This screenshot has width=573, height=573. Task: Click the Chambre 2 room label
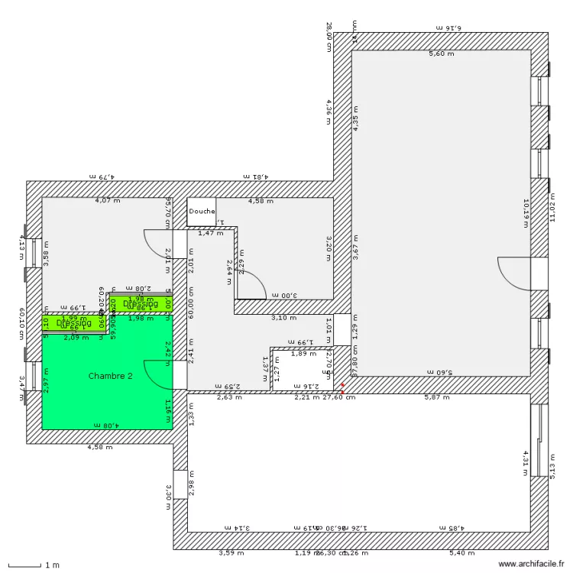pyautogui.click(x=111, y=376)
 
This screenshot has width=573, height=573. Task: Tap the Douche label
pyautogui.click(x=202, y=212)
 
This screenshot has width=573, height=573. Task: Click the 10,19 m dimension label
pyautogui.click(x=526, y=214)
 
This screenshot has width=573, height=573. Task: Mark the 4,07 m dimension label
pyautogui.click(x=107, y=201)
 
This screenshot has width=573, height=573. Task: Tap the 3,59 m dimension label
pyautogui.click(x=231, y=552)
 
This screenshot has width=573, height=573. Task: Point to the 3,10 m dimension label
pyautogui.click(x=284, y=317)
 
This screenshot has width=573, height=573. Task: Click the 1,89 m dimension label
pyautogui.click(x=303, y=354)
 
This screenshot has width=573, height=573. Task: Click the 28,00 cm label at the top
pyautogui.click(x=329, y=36)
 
